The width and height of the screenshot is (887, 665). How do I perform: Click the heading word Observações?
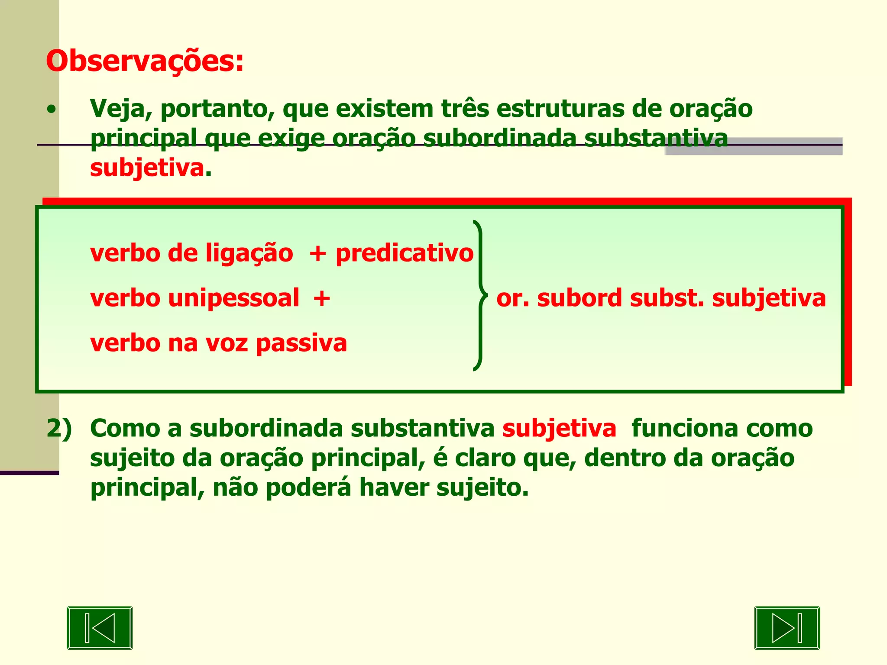(x=145, y=61)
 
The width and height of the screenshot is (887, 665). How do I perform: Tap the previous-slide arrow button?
(x=100, y=627)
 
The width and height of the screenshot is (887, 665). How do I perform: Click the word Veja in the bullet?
(x=116, y=109)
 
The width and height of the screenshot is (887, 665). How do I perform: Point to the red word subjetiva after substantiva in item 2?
(x=559, y=429)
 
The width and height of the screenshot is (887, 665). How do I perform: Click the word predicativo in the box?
(x=405, y=253)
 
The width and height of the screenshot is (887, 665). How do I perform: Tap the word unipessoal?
(x=233, y=298)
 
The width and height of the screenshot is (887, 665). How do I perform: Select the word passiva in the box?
(x=301, y=343)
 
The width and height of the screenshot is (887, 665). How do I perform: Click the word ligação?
(x=249, y=253)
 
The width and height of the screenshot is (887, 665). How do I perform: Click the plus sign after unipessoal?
(x=322, y=299)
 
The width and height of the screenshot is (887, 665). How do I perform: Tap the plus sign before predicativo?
(x=317, y=254)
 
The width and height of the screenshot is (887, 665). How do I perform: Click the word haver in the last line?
(x=394, y=488)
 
